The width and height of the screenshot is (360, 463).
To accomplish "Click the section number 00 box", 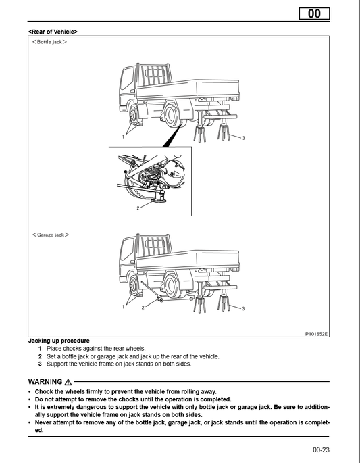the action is tap(314, 14).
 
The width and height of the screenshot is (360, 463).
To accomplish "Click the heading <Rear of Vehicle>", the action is tap(53, 32).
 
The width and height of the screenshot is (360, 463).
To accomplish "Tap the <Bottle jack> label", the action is tap(49, 42).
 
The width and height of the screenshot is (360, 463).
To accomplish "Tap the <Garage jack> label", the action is tap(51, 235).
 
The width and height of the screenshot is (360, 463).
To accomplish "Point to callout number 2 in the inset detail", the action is tap(138, 208).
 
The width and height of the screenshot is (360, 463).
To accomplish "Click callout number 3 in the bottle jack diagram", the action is tap(243, 138).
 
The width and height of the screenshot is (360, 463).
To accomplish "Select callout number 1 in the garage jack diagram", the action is tap(124, 307).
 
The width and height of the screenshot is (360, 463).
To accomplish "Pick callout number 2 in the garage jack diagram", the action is tap(143, 308).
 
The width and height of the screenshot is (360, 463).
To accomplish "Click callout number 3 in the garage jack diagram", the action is tap(243, 309).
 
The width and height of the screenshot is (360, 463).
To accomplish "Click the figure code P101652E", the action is tap(316, 334).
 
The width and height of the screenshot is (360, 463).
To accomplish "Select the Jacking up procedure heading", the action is tap(59, 341).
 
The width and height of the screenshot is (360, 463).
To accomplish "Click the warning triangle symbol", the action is tap(68, 382).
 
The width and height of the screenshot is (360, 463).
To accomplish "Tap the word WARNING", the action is tap(45, 382).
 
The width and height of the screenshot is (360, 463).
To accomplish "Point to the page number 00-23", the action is tap(321, 449).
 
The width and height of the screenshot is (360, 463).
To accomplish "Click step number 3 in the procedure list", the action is tap(40, 364).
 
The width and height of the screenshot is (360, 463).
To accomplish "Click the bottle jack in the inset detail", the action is tap(159, 194).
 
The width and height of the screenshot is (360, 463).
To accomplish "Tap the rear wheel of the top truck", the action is tap(171, 116).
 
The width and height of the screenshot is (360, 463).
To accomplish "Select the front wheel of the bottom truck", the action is tap(134, 285).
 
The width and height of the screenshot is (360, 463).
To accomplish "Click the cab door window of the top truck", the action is tap(127, 78).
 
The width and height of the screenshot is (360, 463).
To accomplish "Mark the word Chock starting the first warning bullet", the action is tap(43, 392).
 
